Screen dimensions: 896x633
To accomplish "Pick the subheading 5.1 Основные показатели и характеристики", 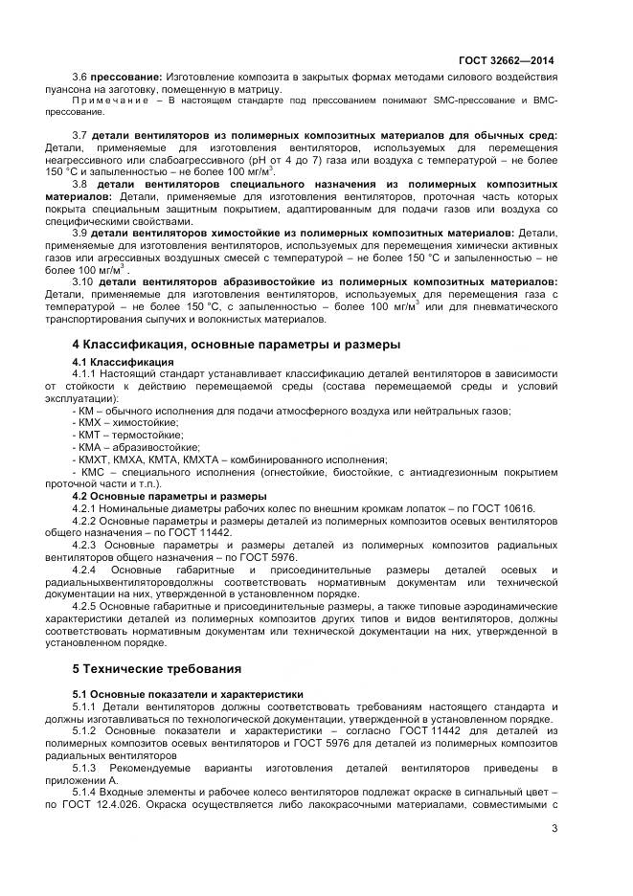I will [188, 694].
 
